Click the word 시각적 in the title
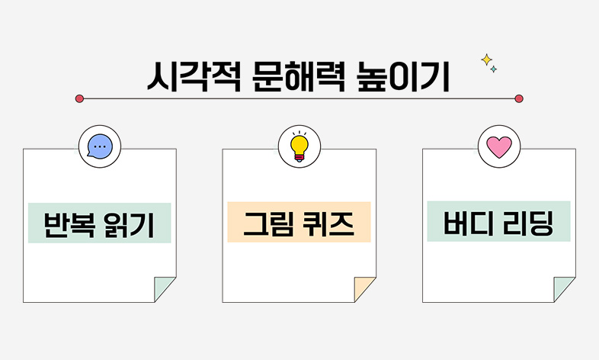(x=192, y=77)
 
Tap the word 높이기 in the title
(x=404, y=77)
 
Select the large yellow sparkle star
(x=485, y=59)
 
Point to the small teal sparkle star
(x=494, y=69)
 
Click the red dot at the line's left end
(x=79, y=98)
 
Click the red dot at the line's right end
(x=519, y=98)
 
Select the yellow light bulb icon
(x=299, y=144)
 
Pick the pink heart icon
(x=498, y=146)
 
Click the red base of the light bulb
(x=299, y=156)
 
